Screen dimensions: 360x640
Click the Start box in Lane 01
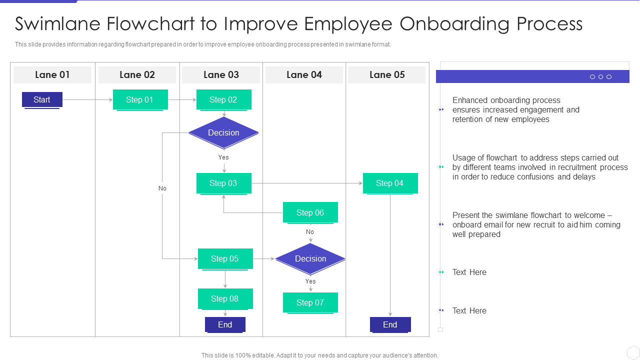tap(42, 99)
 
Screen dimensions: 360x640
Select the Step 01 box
tap(139, 99)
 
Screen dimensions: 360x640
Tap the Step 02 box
tap(223, 99)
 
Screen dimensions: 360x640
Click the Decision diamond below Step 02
tap(223, 132)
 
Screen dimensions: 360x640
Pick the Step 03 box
tap(223, 183)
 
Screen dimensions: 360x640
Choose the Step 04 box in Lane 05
tap(390, 183)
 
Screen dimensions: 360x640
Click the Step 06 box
tap(310, 212)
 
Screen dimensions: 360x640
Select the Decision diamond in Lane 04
tap(310, 258)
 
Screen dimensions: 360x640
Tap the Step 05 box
tap(225, 258)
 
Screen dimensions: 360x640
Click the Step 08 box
tap(225, 298)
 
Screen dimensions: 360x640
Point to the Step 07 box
tap(310, 302)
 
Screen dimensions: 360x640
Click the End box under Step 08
tap(225, 324)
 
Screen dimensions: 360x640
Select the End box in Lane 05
tap(390, 324)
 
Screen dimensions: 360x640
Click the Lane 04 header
tap(304, 74)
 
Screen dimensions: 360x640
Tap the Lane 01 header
tap(52, 74)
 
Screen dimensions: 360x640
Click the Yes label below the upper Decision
tap(223, 157)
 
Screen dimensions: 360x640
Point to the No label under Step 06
tap(310, 232)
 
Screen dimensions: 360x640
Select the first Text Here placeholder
tap(469, 272)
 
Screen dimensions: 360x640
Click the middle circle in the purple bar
tap(600, 76)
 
